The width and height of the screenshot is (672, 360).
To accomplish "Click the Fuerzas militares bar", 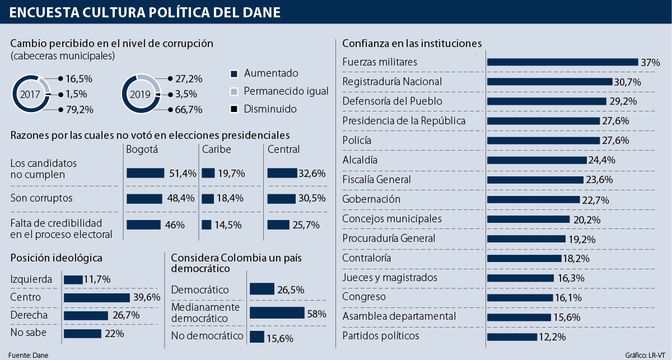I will click(x=563, y=62).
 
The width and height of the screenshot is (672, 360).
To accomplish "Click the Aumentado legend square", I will click(x=235, y=73).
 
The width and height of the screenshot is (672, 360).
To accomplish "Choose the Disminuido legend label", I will click(x=270, y=109).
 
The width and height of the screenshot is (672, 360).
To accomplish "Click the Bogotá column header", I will click(x=142, y=149).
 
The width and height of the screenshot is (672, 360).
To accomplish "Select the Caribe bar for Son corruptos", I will click(x=207, y=199).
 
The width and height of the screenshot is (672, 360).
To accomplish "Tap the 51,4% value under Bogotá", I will click(x=183, y=174).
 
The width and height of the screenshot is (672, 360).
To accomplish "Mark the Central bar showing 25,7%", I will click(x=278, y=225).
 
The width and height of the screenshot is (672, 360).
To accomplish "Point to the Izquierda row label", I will click(x=31, y=279).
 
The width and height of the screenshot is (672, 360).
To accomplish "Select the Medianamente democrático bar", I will click(x=277, y=313).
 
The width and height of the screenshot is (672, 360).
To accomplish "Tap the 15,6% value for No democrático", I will click(x=280, y=338).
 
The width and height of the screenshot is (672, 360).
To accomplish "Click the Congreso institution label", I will click(x=363, y=297).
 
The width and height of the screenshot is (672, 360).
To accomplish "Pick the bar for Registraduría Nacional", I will click(x=550, y=82).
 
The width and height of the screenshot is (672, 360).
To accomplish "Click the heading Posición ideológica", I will click(x=56, y=258).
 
